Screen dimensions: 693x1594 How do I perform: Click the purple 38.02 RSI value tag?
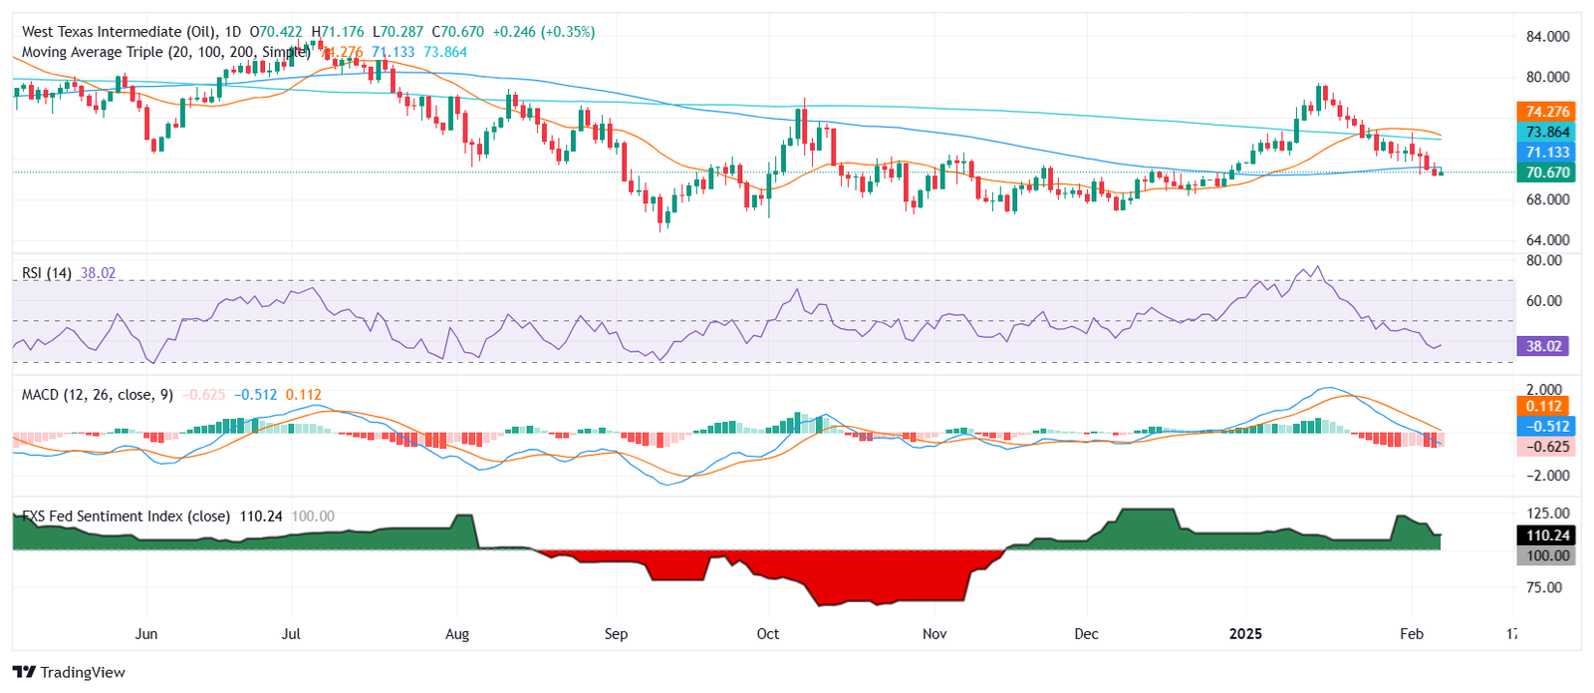coord(1543,346)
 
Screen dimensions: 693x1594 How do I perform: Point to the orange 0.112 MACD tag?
coord(1543,406)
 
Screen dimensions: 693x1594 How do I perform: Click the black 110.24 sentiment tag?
coord(1547,535)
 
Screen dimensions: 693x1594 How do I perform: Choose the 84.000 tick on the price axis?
coord(1547,37)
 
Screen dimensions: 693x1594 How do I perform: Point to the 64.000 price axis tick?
coord(1547,240)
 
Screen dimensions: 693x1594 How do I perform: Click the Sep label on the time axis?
coord(616,634)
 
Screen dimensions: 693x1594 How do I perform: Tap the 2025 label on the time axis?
coord(1245,634)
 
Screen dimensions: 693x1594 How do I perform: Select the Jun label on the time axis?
coord(146,634)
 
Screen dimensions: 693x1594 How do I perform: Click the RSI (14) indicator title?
coord(47,273)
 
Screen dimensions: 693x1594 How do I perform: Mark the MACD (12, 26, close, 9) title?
coord(98,395)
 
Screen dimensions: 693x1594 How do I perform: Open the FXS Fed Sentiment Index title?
coord(127,517)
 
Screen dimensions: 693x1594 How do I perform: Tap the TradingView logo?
coord(69,672)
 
